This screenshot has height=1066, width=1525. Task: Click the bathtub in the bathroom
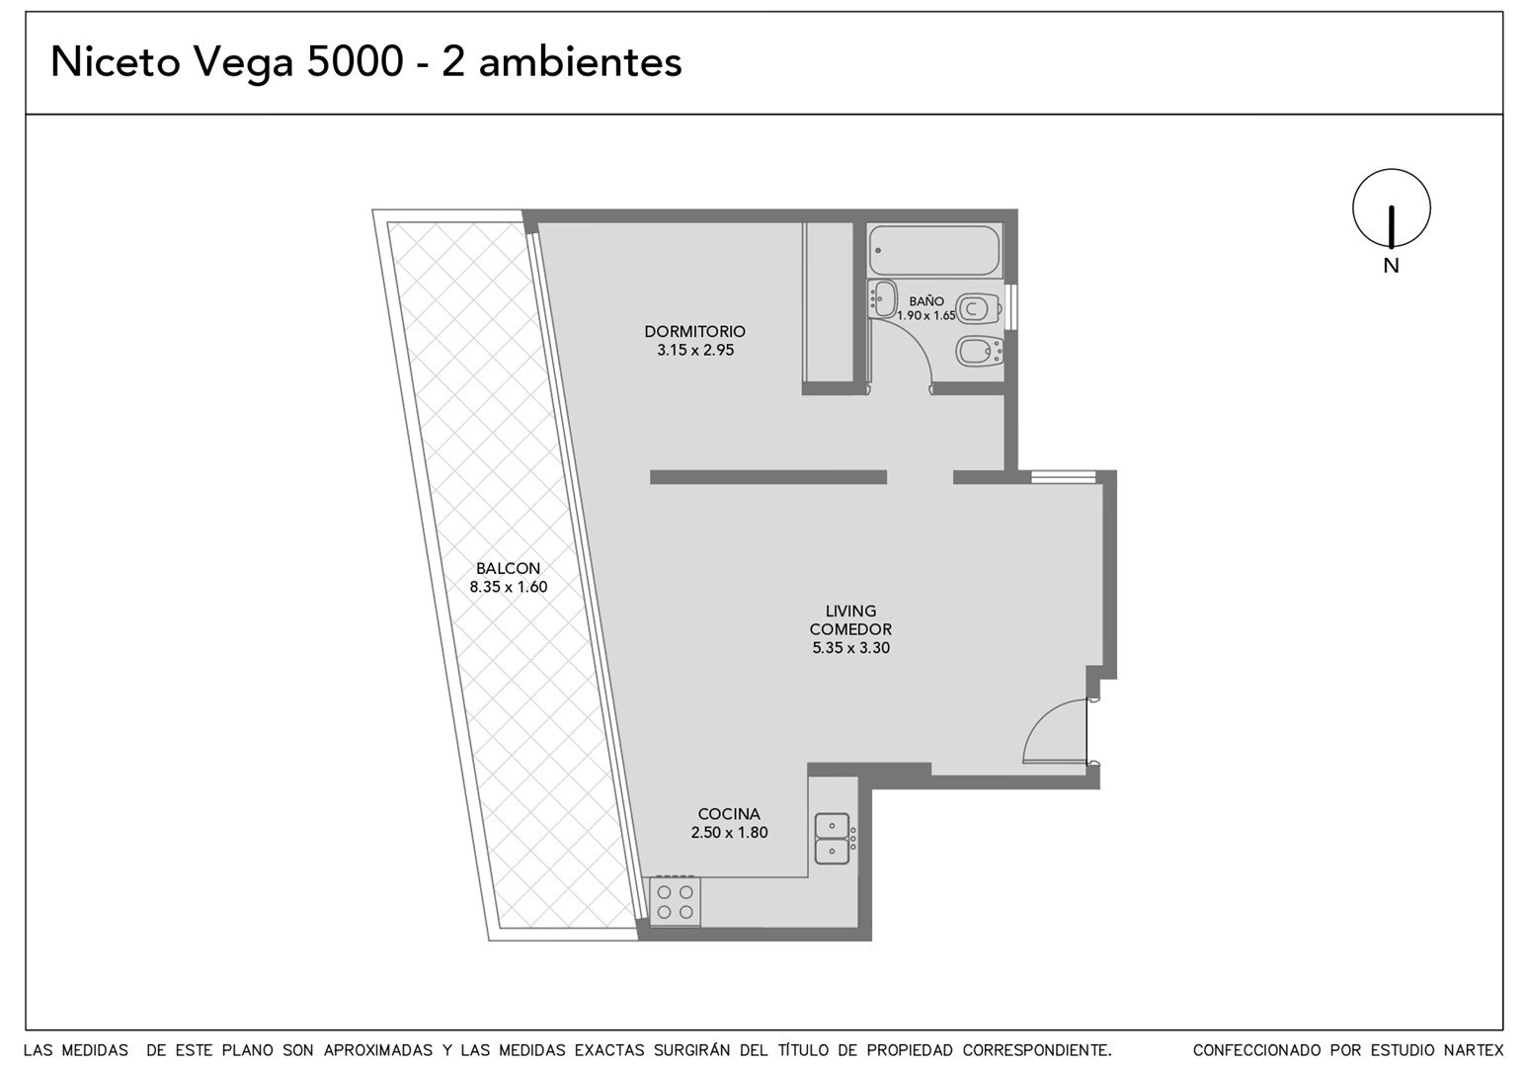click(934, 250)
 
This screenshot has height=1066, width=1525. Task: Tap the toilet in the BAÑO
click(979, 309)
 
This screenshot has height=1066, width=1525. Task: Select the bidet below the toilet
click(979, 352)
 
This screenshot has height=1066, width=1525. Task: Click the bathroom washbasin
click(882, 299)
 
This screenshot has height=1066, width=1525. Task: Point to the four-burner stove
click(676, 901)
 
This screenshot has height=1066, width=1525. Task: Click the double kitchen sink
click(832, 838)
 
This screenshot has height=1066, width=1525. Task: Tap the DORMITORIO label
click(694, 332)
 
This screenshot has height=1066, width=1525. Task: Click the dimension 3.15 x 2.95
click(695, 350)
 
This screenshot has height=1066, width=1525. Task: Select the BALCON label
click(508, 568)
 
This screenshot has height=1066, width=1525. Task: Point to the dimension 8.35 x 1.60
click(509, 587)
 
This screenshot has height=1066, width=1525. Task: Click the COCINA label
click(729, 813)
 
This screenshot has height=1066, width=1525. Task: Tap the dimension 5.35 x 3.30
click(851, 648)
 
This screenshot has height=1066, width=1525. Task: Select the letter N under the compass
click(1391, 266)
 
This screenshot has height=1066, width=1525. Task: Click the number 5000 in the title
click(356, 62)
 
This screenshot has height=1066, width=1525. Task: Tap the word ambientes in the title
click(580, 62)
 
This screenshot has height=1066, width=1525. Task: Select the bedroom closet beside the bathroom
click(828, 302)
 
